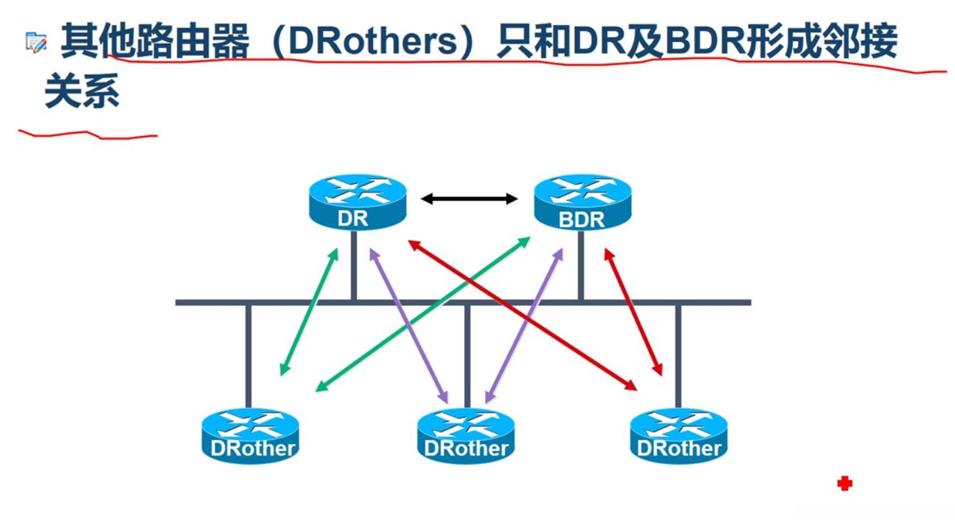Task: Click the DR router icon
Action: point(358,201)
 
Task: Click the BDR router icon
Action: point(582,201)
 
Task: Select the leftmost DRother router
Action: point(250,435)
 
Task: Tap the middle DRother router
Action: point(466,435)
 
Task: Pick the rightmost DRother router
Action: point(679,435)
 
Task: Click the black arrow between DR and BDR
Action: point(469,199)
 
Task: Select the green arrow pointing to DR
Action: point(309,312)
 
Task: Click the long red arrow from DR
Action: point(522,314)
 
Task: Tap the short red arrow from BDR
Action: point(633,312)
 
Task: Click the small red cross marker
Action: point(844,483)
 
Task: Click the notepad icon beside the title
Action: point(36,43)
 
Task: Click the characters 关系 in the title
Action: point(82,92)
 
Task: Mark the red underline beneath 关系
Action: point(88,134)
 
